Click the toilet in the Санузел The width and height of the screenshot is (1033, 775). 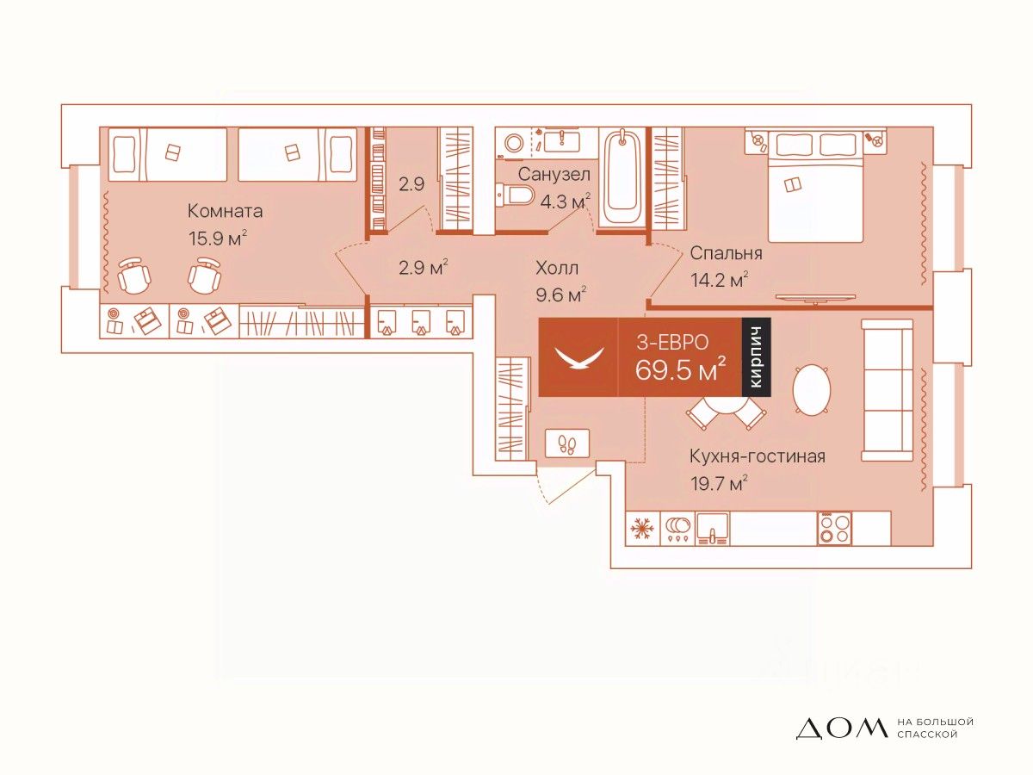[517, 196]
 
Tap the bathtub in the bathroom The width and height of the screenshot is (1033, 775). [622, 179]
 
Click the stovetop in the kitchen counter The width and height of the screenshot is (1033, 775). [834, 527]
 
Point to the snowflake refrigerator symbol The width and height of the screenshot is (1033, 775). [640, 527]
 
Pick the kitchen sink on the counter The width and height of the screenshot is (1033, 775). [712, 527]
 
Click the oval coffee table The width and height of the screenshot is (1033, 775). [811, 390]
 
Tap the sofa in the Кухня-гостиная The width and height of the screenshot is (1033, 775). [887, 390]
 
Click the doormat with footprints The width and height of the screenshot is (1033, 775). [567, 444]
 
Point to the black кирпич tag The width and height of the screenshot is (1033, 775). [757, 357]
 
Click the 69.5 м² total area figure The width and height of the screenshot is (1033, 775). [680, 371]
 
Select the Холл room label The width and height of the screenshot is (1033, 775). [556, 269]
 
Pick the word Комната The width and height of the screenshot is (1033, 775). [225, 212]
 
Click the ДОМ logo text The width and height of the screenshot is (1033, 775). [840, 728]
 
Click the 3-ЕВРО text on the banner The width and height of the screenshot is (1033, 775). [672, 342]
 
